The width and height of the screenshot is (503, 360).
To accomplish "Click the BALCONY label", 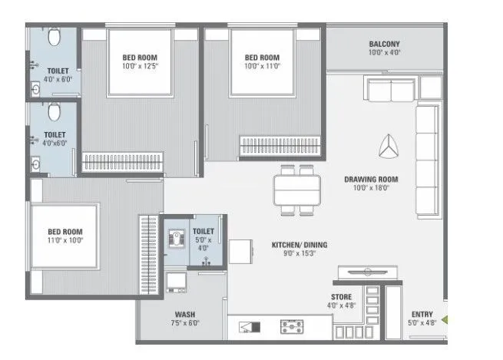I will (385, 44).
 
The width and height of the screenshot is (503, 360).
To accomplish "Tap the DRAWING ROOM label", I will (376, 178).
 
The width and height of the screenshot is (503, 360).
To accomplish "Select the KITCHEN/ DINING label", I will (299, 245).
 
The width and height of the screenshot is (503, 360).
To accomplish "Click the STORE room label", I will (342, 296).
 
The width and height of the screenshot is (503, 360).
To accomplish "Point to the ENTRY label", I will (422, 314).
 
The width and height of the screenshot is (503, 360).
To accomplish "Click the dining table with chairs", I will (297, 189).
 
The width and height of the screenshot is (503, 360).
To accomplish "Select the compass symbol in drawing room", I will (389, 144).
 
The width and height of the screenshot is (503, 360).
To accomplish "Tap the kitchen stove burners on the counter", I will (293, 328).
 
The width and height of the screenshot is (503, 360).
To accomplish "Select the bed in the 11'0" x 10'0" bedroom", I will (65, 235).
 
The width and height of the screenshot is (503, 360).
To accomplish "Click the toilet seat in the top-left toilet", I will (53, 38).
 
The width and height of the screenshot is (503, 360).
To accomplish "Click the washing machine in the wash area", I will (178, 282).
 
